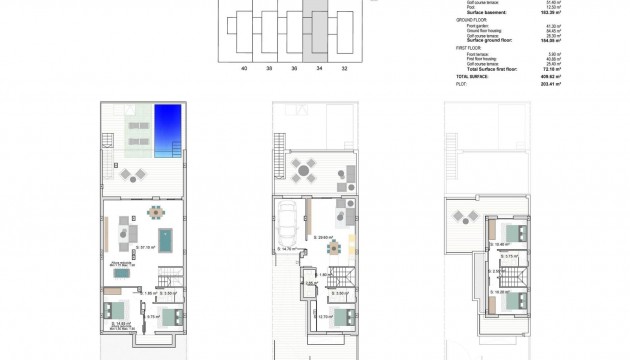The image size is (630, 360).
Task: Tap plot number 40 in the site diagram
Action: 244,69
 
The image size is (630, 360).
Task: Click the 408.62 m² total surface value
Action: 551,77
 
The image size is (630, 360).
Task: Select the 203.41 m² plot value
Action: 551,85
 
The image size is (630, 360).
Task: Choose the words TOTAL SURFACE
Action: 474,77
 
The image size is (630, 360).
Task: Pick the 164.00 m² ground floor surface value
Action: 551,41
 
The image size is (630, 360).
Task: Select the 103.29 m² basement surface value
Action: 551,12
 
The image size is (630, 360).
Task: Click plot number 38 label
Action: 270,69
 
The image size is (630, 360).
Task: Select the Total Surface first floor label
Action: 492,70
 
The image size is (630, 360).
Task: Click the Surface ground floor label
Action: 489,41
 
